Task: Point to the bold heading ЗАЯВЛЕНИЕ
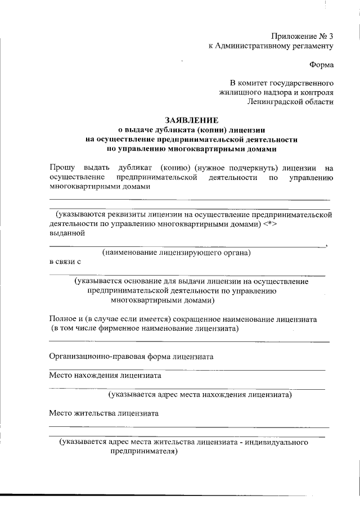(x=191, y=120)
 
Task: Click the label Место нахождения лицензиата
(x=105, y=375)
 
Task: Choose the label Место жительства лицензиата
(x=103, y=413)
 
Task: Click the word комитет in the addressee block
(x=260, y=82)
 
